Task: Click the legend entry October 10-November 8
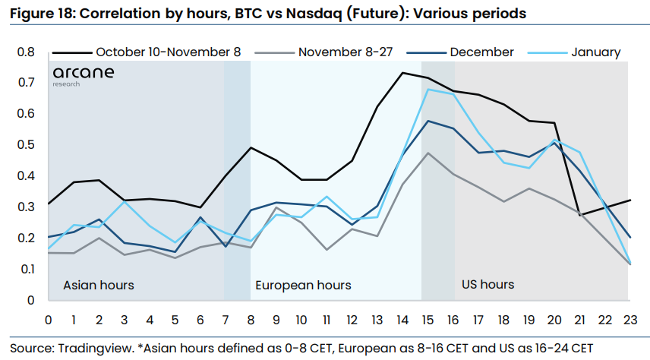(168, 52)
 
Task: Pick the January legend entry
(595, 52)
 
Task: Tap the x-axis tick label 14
(402, 319)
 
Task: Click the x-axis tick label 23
(629, 319)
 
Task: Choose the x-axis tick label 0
(48, 319)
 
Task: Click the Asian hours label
(98, 285)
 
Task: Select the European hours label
(303, 286)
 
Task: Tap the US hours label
(487, 285)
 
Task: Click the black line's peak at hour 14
(402, 73)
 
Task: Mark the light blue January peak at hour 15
(428, 90)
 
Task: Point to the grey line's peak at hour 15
(428, 153)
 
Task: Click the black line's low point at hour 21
(579, 216)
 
